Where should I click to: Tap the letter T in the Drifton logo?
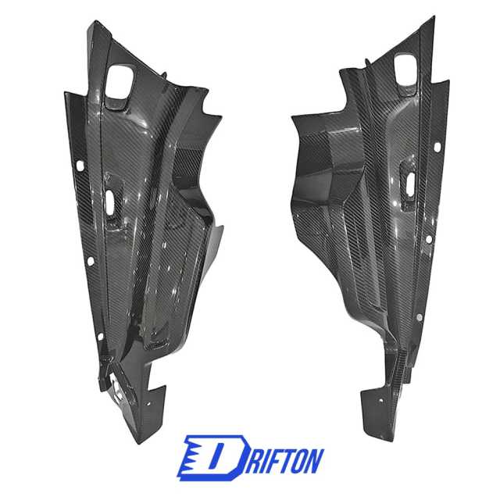(x=285, y=460)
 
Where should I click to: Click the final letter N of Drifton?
(x=315, y=460)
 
